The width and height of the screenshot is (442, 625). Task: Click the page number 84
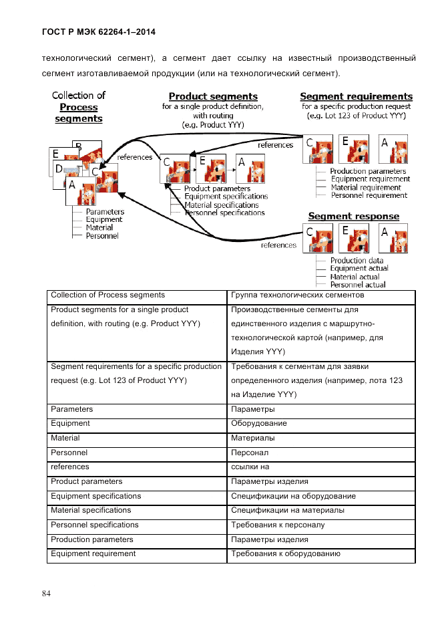click(x=46, y=594)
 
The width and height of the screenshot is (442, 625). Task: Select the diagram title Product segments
click(x=213, y=96)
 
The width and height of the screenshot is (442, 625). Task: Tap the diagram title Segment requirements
click(x=356, y=96)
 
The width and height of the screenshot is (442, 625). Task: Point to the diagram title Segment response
click(x=353, y=216)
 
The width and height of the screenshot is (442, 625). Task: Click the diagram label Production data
click(x=357, y=260)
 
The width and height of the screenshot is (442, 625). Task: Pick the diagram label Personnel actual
click(x=358, y=285)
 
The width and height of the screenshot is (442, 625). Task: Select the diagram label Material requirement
click(x=366, y=187)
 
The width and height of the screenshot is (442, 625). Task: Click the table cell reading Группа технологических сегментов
click(x=297, y=295)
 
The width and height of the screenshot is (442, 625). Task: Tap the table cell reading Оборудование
click(x=259, y=423)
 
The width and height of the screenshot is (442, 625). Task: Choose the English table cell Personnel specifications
click(x=95, y=525)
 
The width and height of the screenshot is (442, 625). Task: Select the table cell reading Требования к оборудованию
click(x=286, y=553)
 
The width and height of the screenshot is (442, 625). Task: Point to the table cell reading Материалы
click(x=253, y=438)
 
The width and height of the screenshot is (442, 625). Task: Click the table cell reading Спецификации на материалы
click(x=288, y=510)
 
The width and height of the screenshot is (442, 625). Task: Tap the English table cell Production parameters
click(x=92, y=539)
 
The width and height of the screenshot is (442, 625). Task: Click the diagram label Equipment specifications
click(x=226, y=197)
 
